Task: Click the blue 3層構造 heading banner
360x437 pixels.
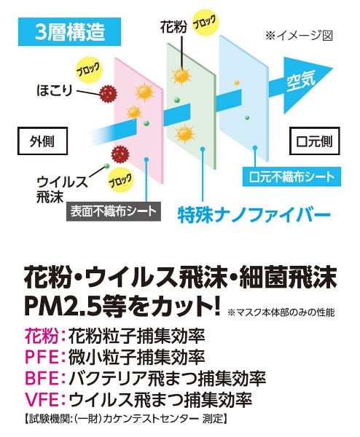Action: [x=69, y=31]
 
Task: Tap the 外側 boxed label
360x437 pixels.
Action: [x=42, y=141]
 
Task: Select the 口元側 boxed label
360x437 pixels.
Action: [x=314, y=141]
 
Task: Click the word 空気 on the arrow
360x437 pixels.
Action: [x=301, y=80]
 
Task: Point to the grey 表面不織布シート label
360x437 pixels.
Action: [x=114, y=211]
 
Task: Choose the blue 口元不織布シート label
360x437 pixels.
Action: [x=291, y=177]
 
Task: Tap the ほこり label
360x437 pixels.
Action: [x=55, y=90]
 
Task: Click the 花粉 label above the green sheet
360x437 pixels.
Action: [x=173, y=28]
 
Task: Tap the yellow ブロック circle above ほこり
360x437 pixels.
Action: [x=88, y=71]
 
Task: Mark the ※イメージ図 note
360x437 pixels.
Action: [x=299, y=36]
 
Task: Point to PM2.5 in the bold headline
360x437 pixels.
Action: [x=61, y=306]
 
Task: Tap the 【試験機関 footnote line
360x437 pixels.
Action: [x=125, y=419]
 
